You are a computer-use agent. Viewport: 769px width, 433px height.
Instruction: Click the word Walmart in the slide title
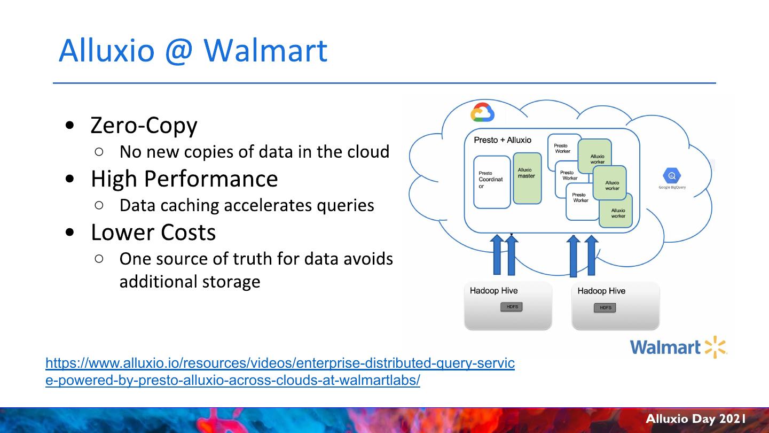(x=265, y=50)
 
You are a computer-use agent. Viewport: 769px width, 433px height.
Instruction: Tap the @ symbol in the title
(x=179, y=51)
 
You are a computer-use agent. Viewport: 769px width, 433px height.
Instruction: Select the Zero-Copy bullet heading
(x=144, y=126)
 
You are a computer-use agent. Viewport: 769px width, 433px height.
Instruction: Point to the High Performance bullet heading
(x=184, y=179)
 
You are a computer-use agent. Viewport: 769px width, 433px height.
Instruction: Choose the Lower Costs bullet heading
(x=153, y=233)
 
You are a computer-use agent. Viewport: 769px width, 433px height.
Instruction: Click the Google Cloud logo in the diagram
(x=482, y=113)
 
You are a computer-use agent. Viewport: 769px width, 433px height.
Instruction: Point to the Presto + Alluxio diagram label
(x=503, y=140)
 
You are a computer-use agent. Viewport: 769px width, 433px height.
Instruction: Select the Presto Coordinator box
(x=492, y=182)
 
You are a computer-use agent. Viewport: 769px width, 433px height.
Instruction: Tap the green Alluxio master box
(x=527, y=178)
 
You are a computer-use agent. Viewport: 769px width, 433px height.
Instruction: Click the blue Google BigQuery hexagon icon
(x=672, y=176)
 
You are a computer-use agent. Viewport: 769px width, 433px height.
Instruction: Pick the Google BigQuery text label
(x=672, y=187)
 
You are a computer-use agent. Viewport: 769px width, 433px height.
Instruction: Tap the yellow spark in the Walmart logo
(x=716, y=347)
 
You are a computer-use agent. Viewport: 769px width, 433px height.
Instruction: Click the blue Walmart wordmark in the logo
(x=665, y=348)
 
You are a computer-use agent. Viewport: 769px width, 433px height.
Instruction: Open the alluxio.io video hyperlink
(x=280, y=364)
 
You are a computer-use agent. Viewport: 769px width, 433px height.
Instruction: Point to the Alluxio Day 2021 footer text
(x=696, y=419)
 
